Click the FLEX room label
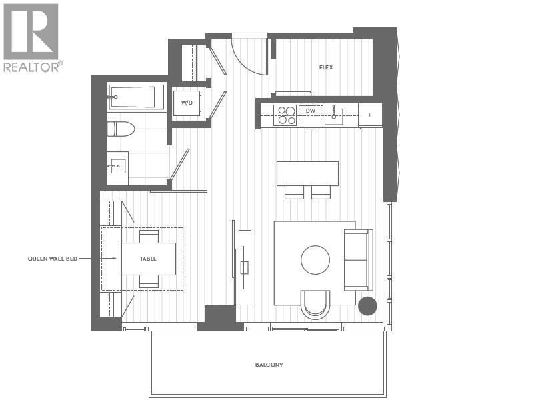point(326,67)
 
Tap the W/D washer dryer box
point(186,103)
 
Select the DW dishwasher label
point(310,111)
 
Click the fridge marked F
point(370,115)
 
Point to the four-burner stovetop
point(285,115)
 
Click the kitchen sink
point(334,116)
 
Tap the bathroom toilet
point(121,129)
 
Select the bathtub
point(136,97)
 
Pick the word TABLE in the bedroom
point(148,259)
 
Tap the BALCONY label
point(269,365)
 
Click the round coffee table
point(315,260)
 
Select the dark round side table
point(367,306)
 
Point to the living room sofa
point(357,260)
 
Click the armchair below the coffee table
point(315,303)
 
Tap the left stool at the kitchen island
point(294,192)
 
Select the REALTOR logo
point(31,37)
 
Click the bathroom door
point(180,164)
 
